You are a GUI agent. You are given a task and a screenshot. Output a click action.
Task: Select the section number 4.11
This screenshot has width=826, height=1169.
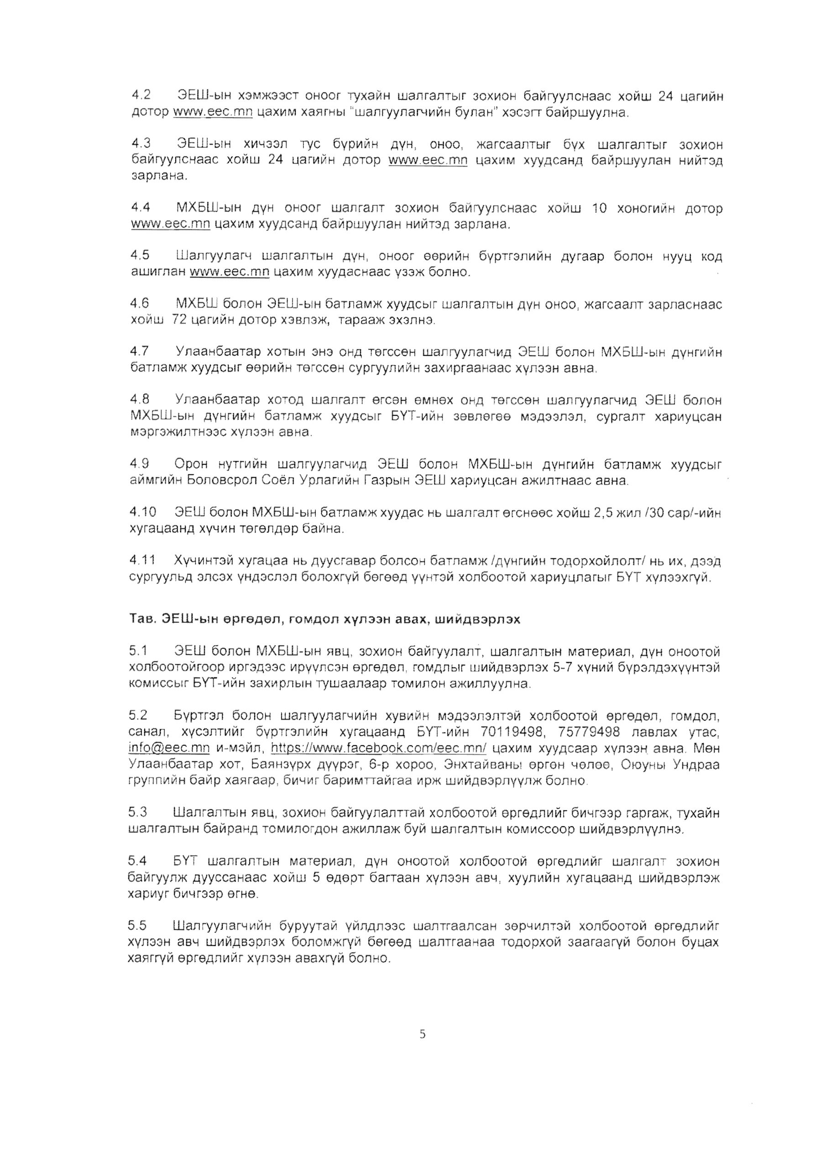(142, 561)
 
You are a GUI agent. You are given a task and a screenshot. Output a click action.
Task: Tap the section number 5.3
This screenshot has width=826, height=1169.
(138, 813)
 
